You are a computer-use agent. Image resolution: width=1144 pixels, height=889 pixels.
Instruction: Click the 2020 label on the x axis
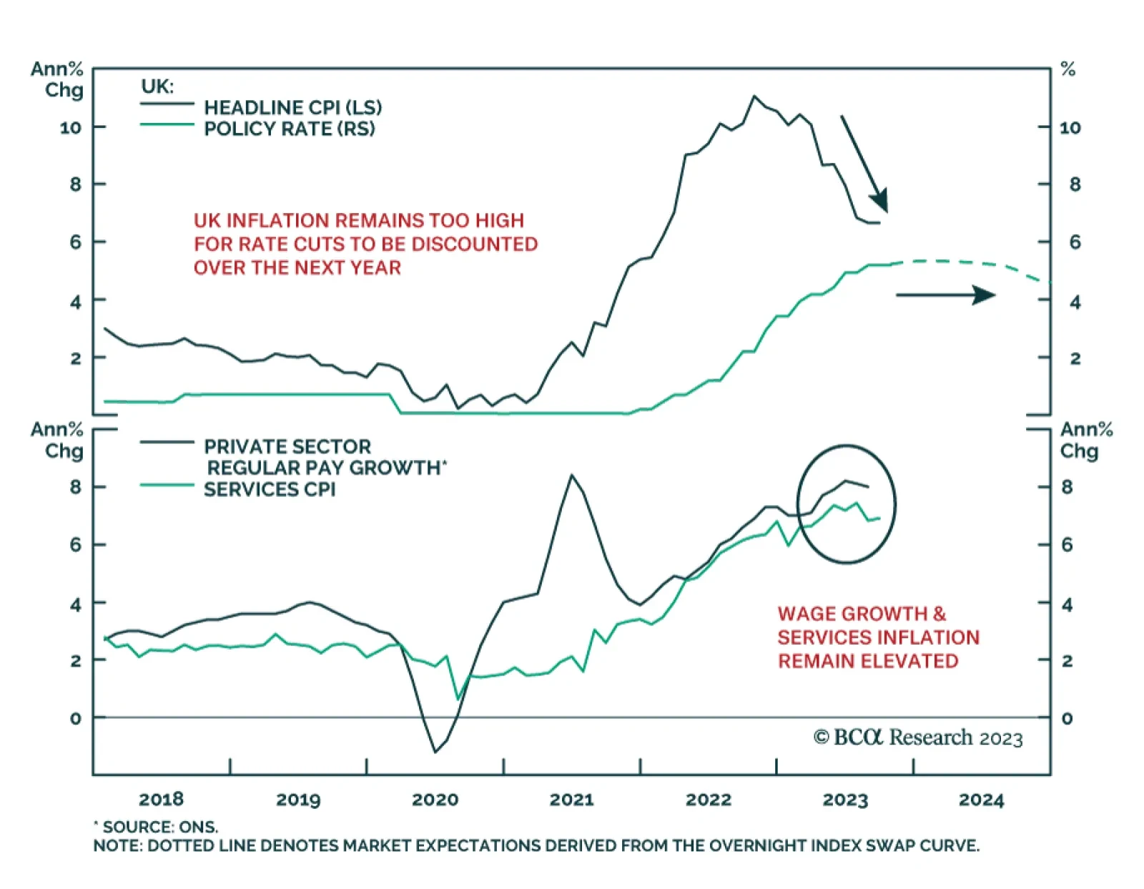[x=435, y=800]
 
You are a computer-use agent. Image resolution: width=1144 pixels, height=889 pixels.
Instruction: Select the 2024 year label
[x=981, y=800]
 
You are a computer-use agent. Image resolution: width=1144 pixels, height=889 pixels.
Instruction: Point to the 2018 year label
[x=161, y=800]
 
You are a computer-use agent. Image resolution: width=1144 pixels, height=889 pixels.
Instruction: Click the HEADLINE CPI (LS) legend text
[x=292, y=107]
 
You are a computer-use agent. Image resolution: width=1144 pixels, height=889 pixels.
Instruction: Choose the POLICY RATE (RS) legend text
[x=289, y=129]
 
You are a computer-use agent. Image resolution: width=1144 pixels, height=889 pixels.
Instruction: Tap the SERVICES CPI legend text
[x=270, y=490]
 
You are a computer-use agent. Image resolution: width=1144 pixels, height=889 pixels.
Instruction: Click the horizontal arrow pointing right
[x=945, y=294]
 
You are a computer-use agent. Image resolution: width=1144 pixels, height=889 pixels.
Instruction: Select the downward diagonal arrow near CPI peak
[x=864, y=164]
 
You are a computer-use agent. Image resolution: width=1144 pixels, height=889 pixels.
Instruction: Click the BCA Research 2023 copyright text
[x=918, y=737]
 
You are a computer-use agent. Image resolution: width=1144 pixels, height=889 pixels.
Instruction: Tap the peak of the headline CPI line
[x=754, y=96]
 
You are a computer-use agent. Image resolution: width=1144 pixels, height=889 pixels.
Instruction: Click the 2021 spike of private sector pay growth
[x=572, y=475]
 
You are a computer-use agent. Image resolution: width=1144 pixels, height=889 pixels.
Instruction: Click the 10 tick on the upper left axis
[x=71, y=128]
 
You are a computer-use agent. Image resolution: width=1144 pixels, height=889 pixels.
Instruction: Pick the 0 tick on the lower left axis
[x=76, y=718]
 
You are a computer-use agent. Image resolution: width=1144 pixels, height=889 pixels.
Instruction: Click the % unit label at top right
[x=1068, y=69]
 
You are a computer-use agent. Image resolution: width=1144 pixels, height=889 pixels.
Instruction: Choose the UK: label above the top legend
[x=157, y=86]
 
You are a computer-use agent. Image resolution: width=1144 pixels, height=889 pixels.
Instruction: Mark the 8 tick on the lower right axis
[x=1067, y=487]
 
